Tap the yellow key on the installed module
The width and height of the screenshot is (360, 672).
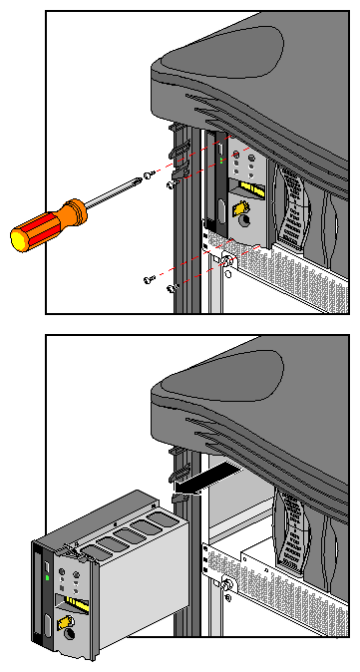pyautogui.click(x=240, y=207)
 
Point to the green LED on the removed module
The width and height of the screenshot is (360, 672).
pyautogui.click(x=47, y=576)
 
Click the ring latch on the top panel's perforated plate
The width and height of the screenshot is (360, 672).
pyautogui.click(x=227, y=262)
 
